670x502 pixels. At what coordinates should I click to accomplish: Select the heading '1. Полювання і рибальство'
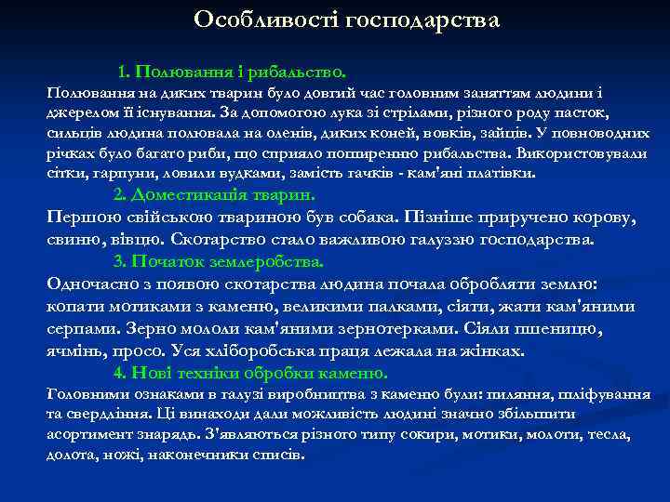pos(232,71)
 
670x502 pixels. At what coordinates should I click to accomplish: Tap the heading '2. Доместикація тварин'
pos(214,195)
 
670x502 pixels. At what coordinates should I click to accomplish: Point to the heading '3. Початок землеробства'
pos(218,260)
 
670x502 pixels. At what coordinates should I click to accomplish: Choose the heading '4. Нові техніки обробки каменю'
pos(249,373)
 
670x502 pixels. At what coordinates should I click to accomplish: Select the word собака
pos(368,218)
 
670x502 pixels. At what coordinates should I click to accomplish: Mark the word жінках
pos(494,351)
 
